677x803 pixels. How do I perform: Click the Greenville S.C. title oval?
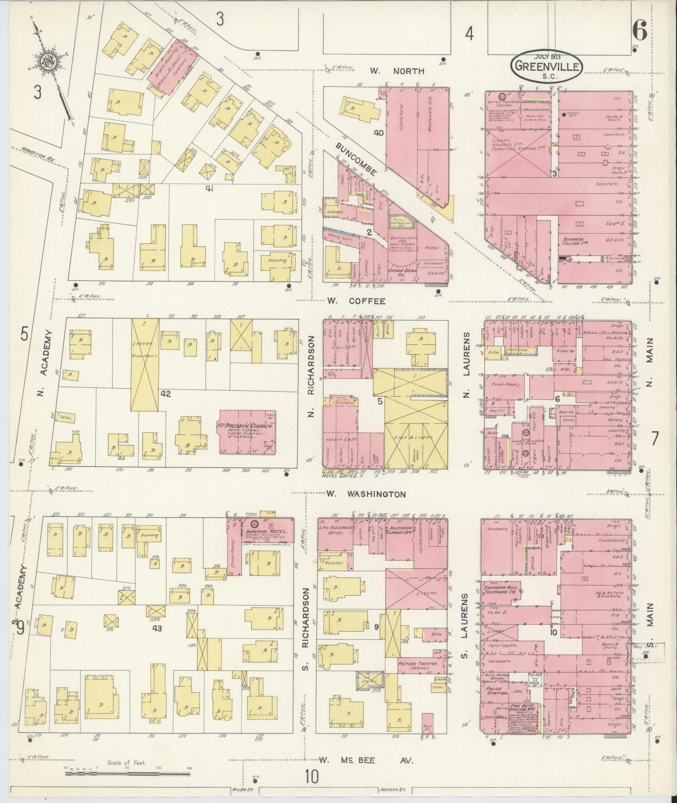point(547,66)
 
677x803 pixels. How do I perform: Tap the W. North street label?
point(396,71)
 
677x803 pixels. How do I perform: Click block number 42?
point(165,394)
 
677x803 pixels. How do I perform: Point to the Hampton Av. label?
point(37,154)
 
